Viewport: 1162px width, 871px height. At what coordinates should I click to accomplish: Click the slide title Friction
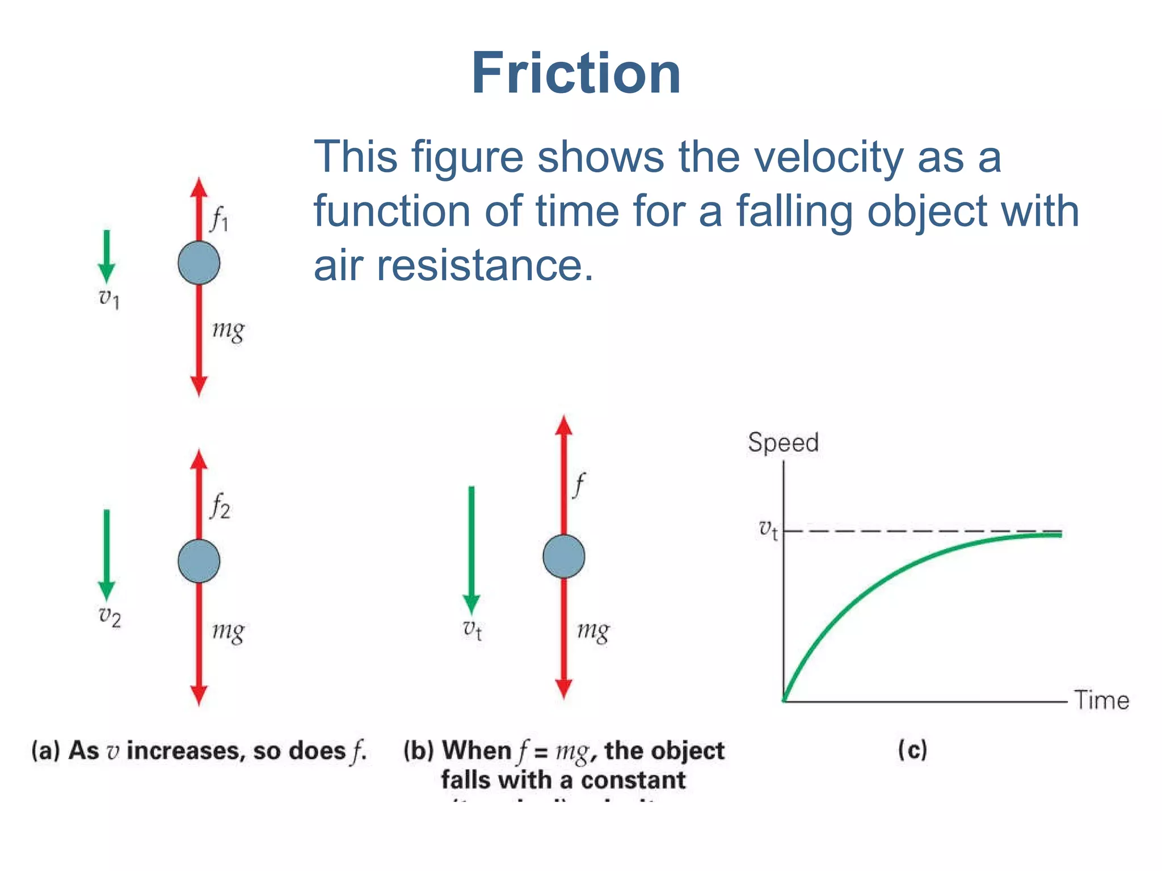coord(575,74)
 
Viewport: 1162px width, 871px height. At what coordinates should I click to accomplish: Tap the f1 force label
coord(219,219)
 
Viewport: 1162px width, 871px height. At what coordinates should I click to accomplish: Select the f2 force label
coord(220,506)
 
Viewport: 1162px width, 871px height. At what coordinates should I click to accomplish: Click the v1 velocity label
coord(109,298)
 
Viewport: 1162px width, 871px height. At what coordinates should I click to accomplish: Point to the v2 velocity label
coord(110,616)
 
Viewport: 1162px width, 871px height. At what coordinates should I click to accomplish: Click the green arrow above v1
coord(107,255)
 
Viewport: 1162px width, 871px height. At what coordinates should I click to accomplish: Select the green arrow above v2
coord(107,553)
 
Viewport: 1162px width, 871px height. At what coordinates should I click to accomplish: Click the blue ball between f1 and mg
coord(199,263)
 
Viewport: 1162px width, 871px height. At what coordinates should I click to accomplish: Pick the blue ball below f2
coord(199,561)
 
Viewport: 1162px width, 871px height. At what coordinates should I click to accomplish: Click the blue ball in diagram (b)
coord(563,556)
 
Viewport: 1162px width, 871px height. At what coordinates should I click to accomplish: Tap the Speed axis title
coord(783,442)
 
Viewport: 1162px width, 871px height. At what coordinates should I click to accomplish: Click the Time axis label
coord(1101,700)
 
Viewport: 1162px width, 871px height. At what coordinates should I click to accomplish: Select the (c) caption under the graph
coord(912,750)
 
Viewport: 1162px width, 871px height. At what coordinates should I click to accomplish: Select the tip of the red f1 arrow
coord(199,183)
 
